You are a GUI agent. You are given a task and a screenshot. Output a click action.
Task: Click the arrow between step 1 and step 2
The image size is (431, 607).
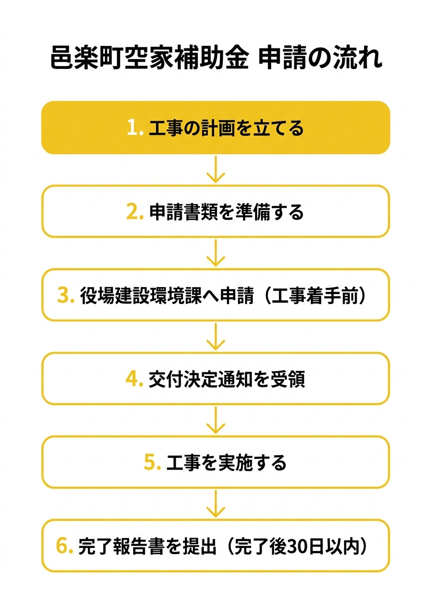point(216,169)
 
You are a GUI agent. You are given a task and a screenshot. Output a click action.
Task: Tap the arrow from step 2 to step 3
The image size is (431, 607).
point(216,253)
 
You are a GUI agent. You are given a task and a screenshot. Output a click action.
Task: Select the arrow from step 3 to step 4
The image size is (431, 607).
point(216,336)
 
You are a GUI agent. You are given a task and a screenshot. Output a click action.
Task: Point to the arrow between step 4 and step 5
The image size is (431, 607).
point(216,420)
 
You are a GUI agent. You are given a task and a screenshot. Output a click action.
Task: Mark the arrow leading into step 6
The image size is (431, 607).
point(216,504)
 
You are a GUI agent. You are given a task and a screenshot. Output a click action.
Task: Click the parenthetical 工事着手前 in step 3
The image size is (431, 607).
point(315,295)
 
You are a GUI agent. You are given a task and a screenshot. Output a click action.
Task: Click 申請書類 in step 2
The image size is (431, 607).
point(184,212)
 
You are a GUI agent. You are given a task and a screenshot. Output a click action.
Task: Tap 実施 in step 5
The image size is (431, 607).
point(235,462)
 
